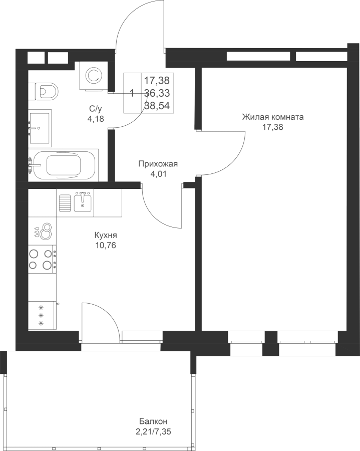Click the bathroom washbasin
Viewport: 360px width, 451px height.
40,128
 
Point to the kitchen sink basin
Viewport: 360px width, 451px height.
83,203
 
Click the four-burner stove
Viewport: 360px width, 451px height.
42,259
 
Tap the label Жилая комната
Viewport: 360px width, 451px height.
273,117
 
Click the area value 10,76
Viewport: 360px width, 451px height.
106,246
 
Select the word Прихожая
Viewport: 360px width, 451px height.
158,164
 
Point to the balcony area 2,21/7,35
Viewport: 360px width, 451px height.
155,432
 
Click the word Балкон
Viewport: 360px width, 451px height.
153,421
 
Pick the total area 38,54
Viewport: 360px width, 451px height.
157,106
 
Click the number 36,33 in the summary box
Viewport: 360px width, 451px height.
157,93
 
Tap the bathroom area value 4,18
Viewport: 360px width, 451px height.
96,118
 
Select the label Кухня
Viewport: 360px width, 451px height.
106,236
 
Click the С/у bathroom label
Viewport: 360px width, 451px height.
96,108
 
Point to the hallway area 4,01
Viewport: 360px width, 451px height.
158,174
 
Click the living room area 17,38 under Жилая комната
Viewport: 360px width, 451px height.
273,127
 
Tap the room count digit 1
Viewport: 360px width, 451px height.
132,93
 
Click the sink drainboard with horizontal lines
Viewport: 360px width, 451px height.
65,203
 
